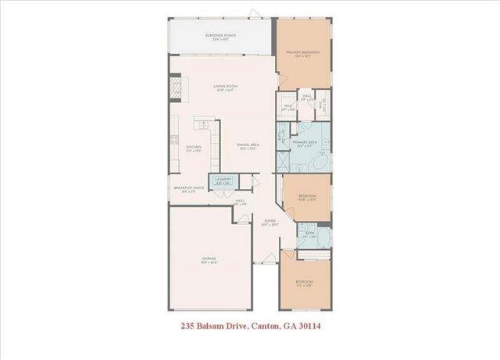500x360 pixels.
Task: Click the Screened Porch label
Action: pyautogui.click(x=221, y=37)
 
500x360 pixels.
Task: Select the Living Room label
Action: pyautogui.click(x=226, y=87)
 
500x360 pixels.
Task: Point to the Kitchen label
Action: pyautogui.click(x=194, y=148)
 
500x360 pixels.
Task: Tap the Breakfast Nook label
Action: pyautogui.click(x=188, y=188)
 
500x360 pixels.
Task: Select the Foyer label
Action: pyautogui.click(x=270, y=222)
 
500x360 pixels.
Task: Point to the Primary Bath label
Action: pyautogui.click(x=305, y=144)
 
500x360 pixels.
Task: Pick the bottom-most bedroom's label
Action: pyautogui.click(x=305, y=283)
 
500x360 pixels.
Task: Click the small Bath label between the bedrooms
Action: pyautogui.click(x=309, y=234)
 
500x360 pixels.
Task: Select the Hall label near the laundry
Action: pyautogui.click(x=241, y=201)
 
